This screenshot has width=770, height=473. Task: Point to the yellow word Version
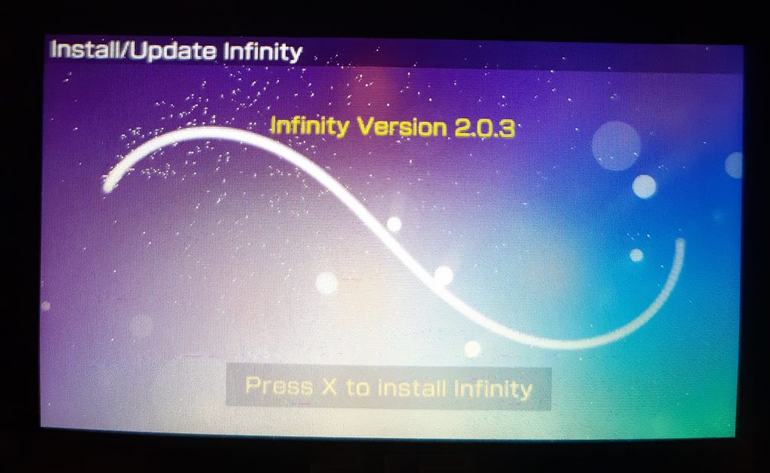(403, 127)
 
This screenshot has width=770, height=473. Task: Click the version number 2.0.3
(484, 128)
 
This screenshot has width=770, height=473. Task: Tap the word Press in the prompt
(279, 386)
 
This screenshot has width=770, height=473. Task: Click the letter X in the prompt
(330, 387)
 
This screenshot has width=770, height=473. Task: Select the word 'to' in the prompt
(358, 387)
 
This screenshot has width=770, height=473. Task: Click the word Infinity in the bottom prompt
(493, 389)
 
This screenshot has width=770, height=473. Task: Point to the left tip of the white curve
(107, 188)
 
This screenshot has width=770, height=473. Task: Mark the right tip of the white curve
(680, 241)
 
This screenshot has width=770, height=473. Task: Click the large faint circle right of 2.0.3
(616, 146)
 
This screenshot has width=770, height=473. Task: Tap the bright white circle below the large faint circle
(644, 186)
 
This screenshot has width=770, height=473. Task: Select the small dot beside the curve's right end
(636, 256)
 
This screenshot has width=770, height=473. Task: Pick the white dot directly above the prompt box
(472, 349)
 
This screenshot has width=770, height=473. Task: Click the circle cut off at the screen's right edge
(734, 165)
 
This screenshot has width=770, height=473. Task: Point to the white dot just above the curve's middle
(394, 224)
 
